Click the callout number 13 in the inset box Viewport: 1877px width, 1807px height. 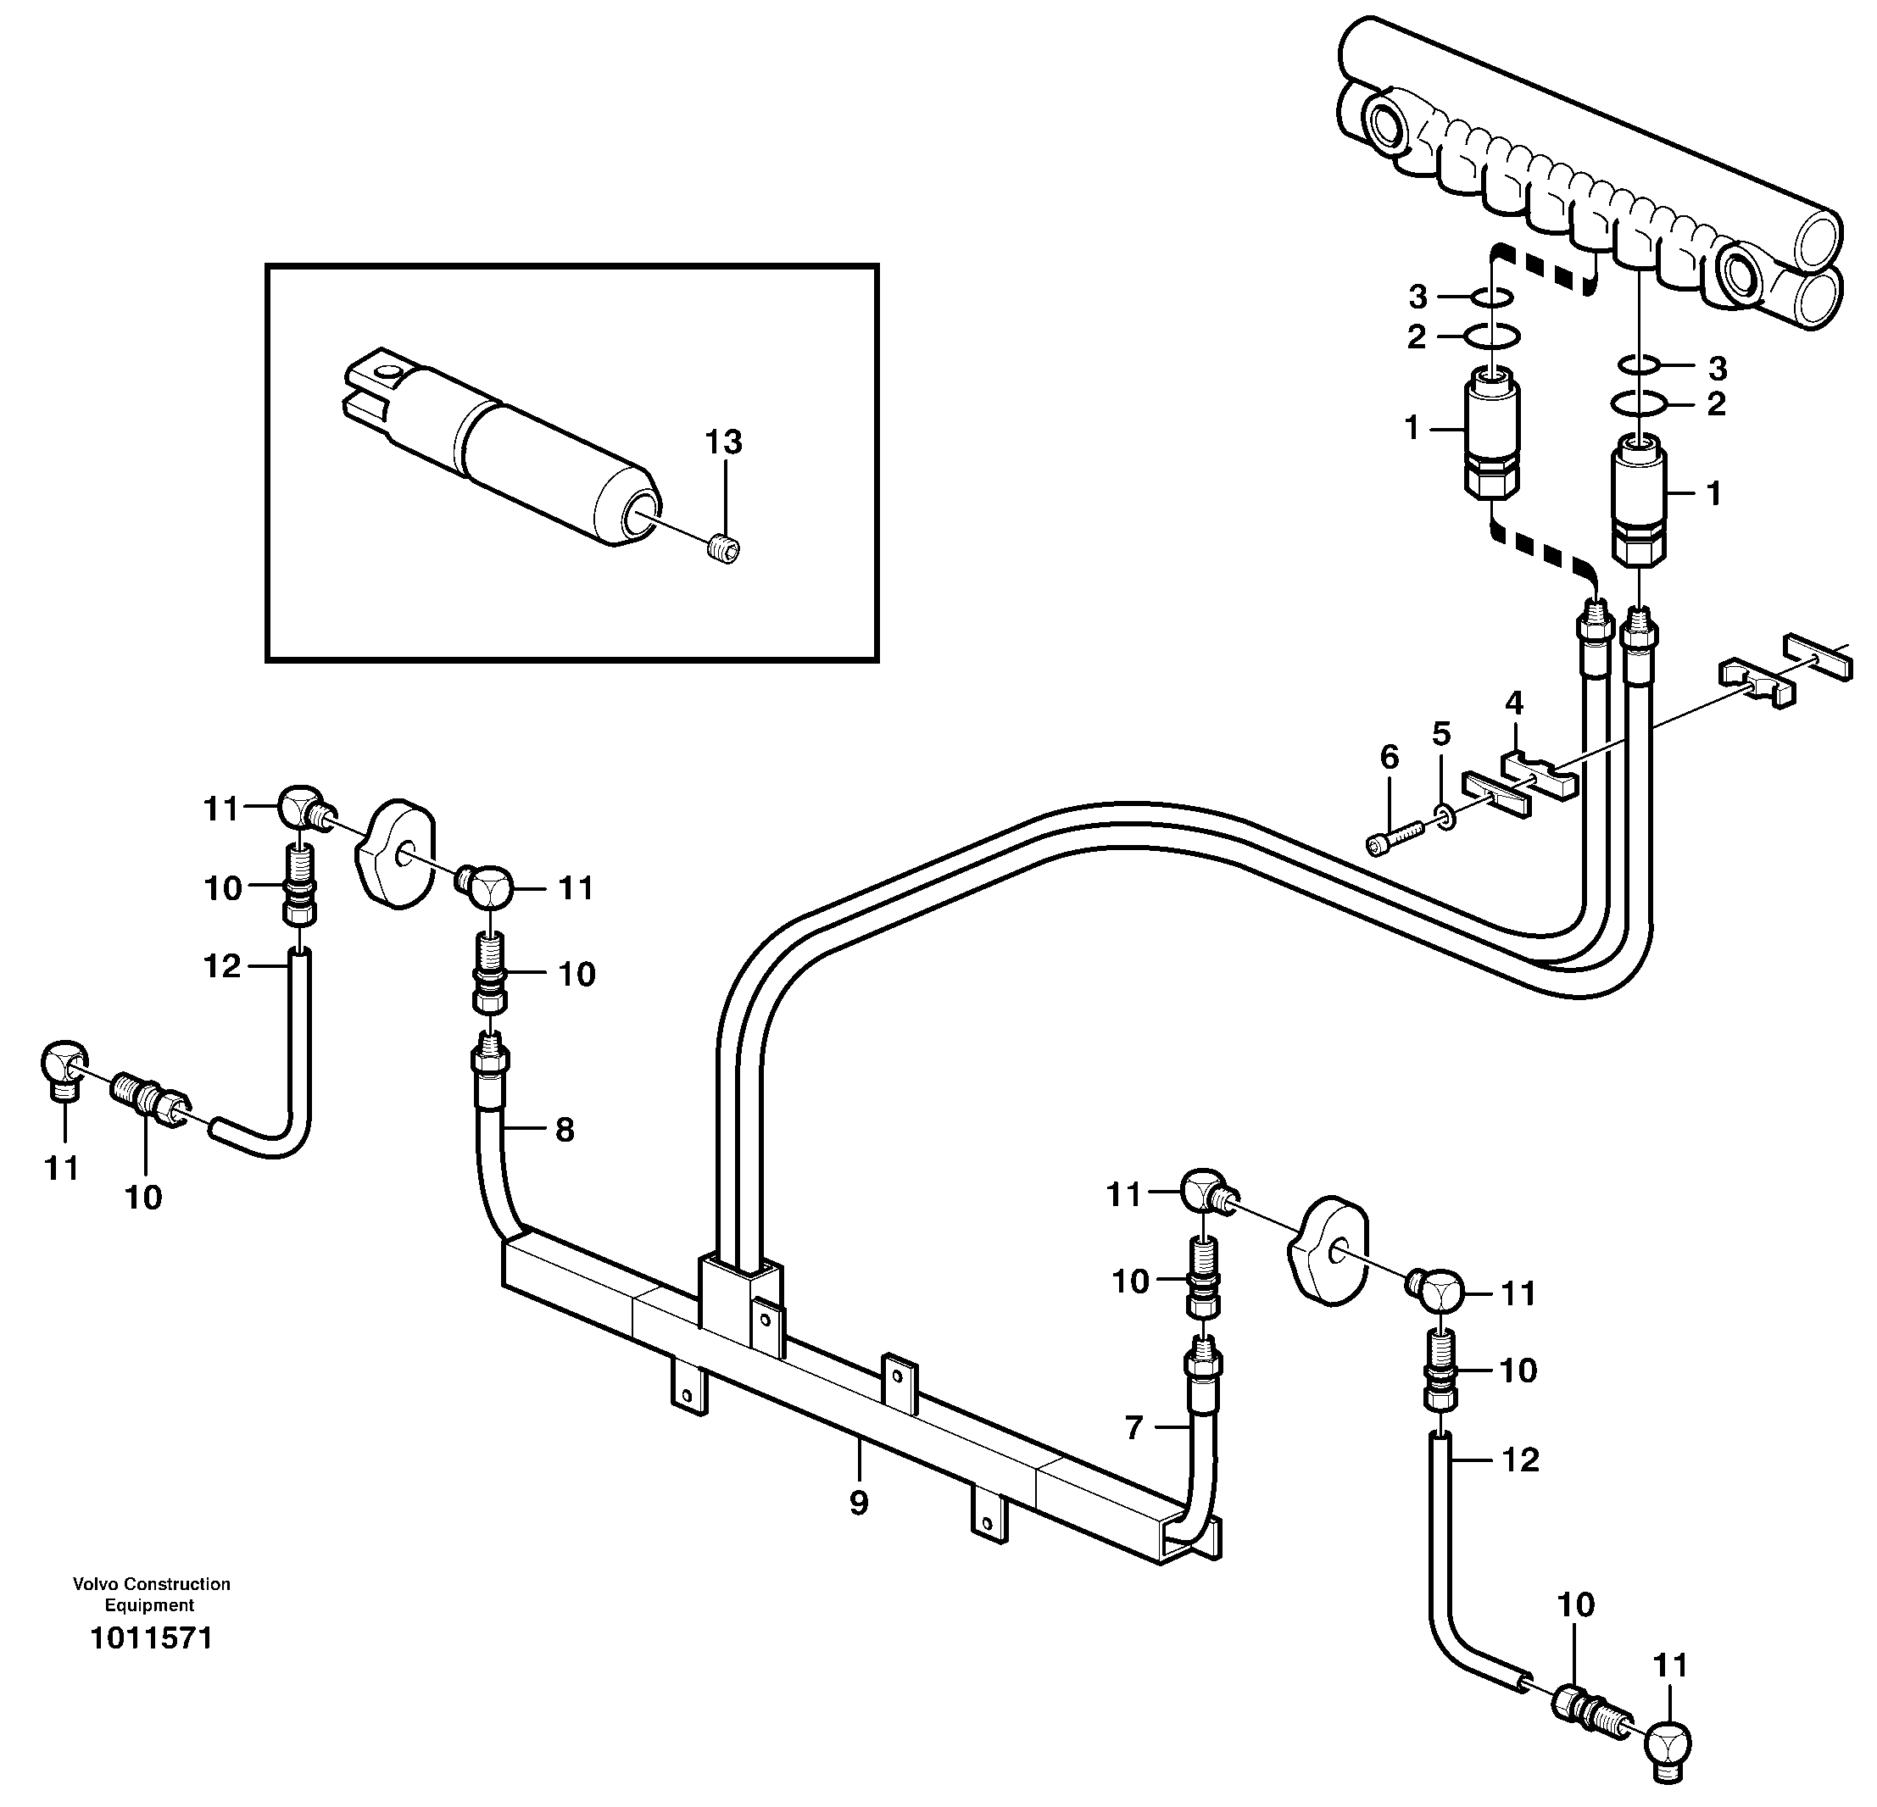click(723, 442)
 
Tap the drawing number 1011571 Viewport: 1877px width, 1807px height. click(150, 1638)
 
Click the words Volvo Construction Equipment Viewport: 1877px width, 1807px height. click(150, 1594)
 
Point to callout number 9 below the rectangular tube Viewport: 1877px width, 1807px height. click(859, 1504)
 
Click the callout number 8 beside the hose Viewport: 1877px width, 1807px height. click(565, 1130)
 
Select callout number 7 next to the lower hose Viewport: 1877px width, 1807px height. click(1133, 1429)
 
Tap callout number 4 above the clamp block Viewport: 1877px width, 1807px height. click(1514, 703)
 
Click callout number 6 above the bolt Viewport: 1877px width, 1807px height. click(1390, 758)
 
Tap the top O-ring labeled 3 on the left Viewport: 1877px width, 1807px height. click(1492, 299)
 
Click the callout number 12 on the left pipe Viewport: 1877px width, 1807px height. click(221, 966)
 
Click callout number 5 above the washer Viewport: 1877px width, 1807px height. click(1441, 735)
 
